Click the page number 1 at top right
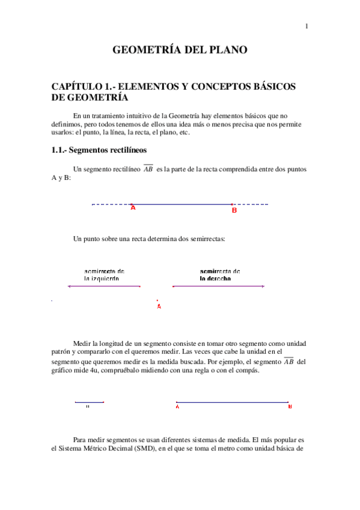coord(307,26)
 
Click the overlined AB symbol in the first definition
coord(148,170)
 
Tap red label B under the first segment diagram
coord(234,210)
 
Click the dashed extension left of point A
coord(111,204)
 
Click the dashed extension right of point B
coord(251,204)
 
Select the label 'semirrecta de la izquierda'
coord(104,275)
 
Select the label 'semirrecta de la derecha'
coord(219,275)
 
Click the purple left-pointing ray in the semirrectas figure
coord(104,286)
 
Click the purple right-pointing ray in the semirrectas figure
coord(218,286)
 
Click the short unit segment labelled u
coord(89,402)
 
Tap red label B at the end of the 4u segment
coord(290,407)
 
